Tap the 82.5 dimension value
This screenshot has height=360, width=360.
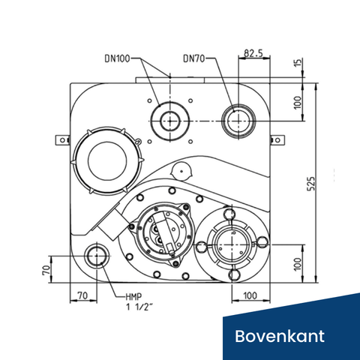tap(253, 54)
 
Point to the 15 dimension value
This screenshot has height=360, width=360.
tap(300, 65)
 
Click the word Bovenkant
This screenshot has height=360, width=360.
tap(280, 334)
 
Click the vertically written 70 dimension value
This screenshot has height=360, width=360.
tap(46, 268)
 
